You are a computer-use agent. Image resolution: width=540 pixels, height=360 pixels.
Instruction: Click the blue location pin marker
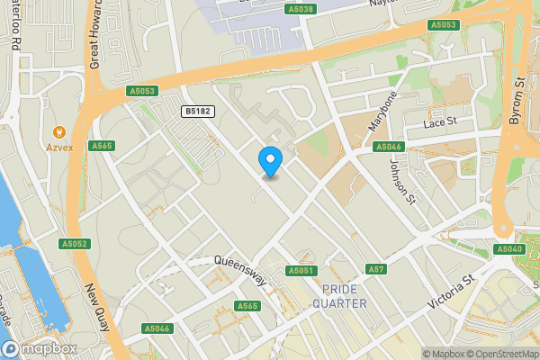[270, 160]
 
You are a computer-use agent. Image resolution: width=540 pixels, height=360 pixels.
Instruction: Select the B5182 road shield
[198, 111]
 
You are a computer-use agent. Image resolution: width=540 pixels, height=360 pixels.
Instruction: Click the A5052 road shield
[75, 244]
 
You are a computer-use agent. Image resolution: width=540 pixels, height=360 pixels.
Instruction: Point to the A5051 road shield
[301, 270]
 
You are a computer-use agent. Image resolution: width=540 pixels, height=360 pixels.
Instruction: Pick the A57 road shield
[376, 269]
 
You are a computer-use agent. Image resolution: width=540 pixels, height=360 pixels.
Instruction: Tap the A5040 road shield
[508, 248]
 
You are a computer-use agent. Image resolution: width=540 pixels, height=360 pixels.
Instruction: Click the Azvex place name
[60, 146]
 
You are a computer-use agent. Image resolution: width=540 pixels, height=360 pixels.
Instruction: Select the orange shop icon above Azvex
[60, 130]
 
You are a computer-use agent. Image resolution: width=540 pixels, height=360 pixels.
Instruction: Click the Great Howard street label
[95, 36]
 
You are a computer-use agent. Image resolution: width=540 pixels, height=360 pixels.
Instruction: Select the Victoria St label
[451, 292]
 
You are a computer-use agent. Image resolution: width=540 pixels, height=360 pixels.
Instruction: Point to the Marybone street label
[382, 111]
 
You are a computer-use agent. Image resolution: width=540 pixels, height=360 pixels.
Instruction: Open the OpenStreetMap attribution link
[496, 353]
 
